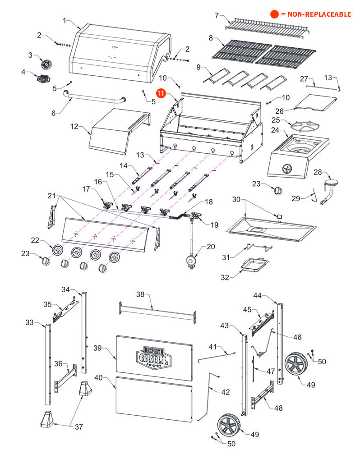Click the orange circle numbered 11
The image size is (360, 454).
pos(161,93)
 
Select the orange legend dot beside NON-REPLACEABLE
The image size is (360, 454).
pos(274,14)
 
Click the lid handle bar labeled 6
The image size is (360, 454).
pos(94,98)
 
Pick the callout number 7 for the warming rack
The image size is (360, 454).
pos(217,15)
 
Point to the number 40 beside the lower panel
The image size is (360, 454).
pos(98,378)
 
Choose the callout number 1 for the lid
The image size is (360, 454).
pos(65,21)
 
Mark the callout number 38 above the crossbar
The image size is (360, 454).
pos(140,294)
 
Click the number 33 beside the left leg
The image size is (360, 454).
pos(30,322)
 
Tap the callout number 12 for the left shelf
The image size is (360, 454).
pos(74,127)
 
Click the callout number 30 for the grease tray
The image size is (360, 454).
pos(237,199)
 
